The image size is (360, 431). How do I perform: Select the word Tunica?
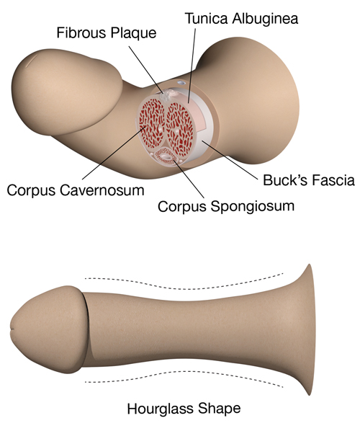click(207, 19)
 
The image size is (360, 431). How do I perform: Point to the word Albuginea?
click(265, 19)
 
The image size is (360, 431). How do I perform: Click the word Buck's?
click(284, 180)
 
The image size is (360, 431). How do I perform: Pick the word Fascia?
click(331, 180)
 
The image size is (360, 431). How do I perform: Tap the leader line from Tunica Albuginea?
click(192, 66)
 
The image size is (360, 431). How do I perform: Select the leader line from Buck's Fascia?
click(230, 161)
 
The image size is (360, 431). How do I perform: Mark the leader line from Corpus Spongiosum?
click(189, 179)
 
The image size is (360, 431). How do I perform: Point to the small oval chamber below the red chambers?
click(166, 156)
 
